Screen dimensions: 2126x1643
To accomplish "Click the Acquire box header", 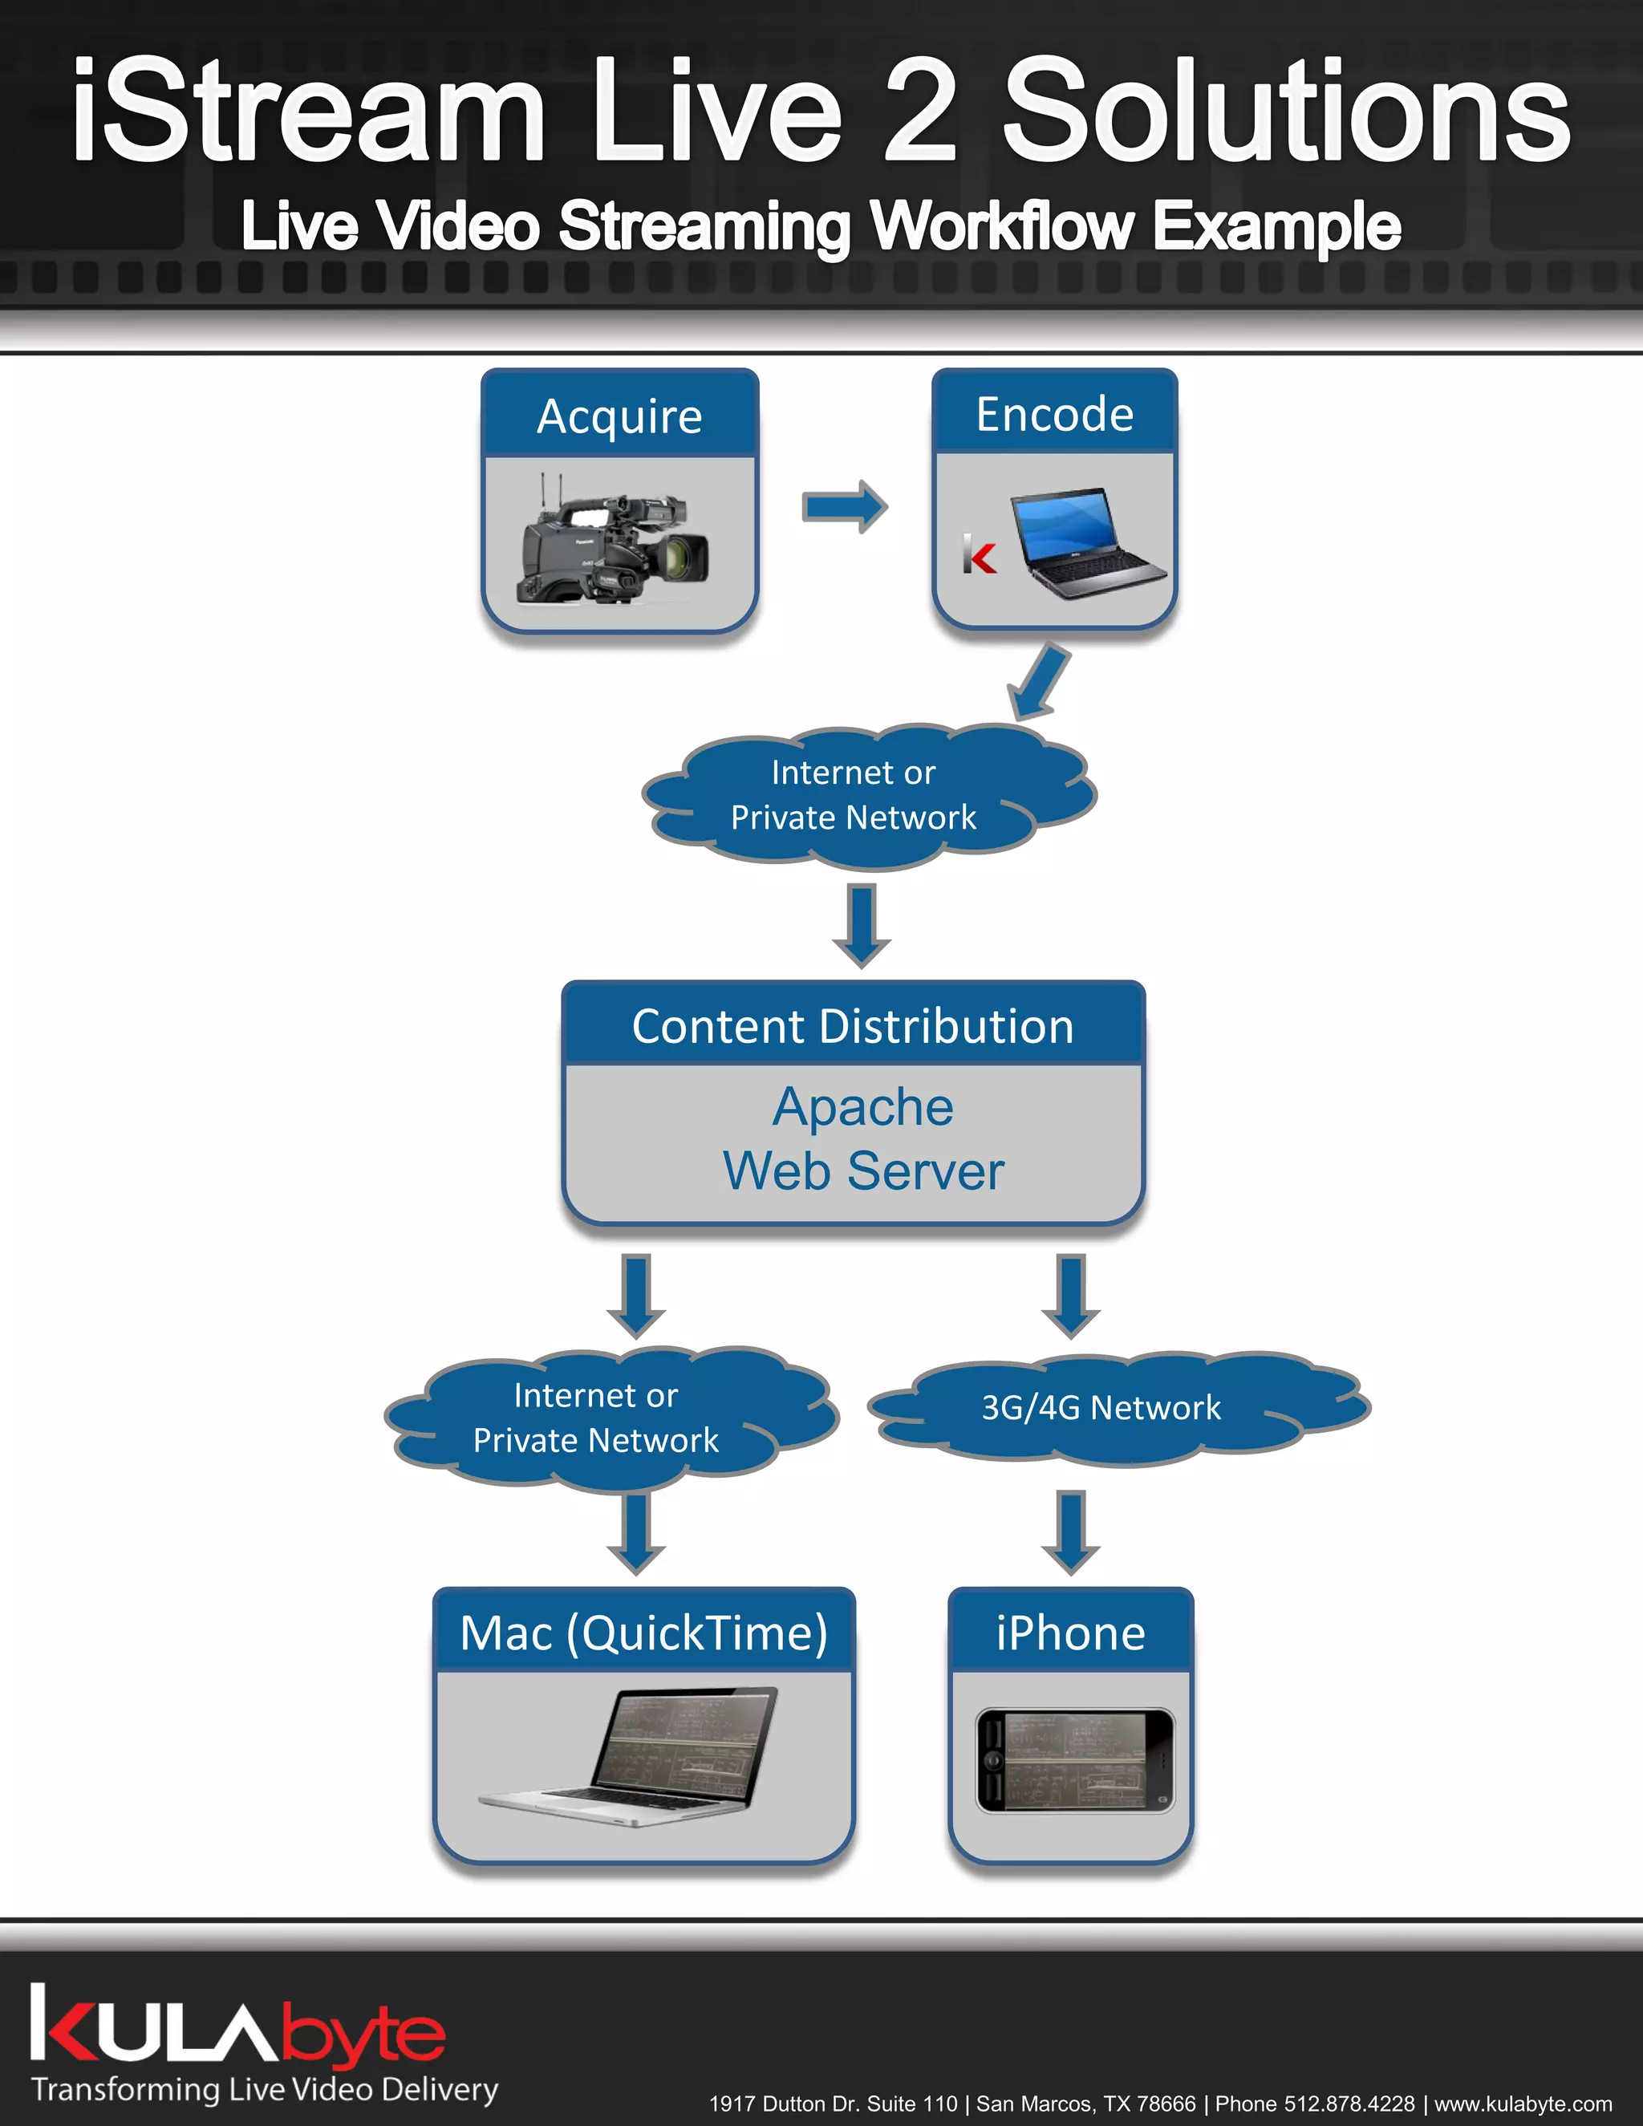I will tap(619, 416).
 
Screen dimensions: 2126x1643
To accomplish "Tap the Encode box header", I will tap(1054, 414).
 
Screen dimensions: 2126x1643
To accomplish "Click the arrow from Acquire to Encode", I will tap(844, 506).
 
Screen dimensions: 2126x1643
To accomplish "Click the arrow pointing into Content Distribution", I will tap(862, 925).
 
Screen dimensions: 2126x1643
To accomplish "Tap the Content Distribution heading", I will tap(853, 1026).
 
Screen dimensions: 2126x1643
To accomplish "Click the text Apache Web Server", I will tap(862, 1139).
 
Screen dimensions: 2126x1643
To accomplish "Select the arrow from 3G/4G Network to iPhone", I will tap(1071, 1532).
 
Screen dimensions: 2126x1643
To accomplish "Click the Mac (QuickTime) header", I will tap(643, 1633).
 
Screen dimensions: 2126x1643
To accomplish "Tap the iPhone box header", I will tap(1069, 1633).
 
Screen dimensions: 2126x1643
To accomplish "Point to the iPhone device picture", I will tap(1074, 1760).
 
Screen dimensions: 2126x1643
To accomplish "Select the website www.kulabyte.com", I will tap(1523, 2104).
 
